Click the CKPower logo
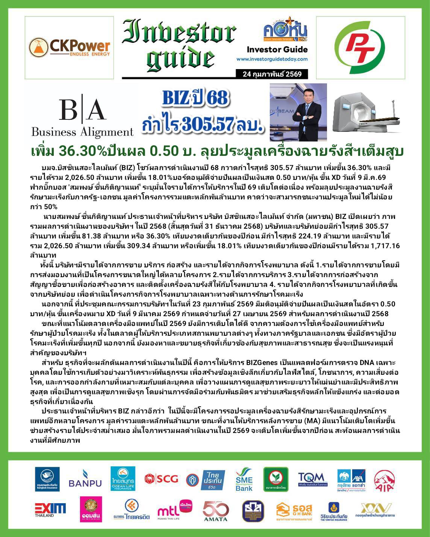coord(70,48)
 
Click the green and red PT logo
coord(360,48)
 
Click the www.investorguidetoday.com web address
coord(272,59)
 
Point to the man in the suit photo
coord(298,112)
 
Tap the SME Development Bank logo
coord(244,480)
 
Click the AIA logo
coord(384,480)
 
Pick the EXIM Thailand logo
coord(50,510)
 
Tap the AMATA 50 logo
coord(216,511)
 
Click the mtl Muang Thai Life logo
coord(175,510)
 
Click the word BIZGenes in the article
coord(262,363)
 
